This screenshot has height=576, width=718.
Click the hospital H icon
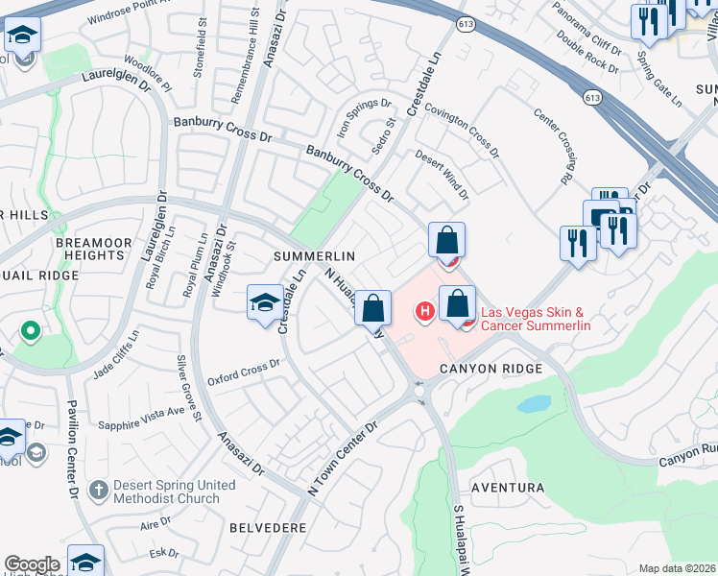tap(423, 311)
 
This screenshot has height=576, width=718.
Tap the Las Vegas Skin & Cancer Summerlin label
tap(535, 319)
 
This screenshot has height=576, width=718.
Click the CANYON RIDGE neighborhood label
tap(491, 369)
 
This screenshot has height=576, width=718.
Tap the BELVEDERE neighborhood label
tap(269, 528)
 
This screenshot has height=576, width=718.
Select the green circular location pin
tap(30, 332)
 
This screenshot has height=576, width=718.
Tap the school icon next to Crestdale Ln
tap(265, 304)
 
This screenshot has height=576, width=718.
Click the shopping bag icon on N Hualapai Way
tap(374, 309)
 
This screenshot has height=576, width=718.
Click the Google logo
tap(32, 564)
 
